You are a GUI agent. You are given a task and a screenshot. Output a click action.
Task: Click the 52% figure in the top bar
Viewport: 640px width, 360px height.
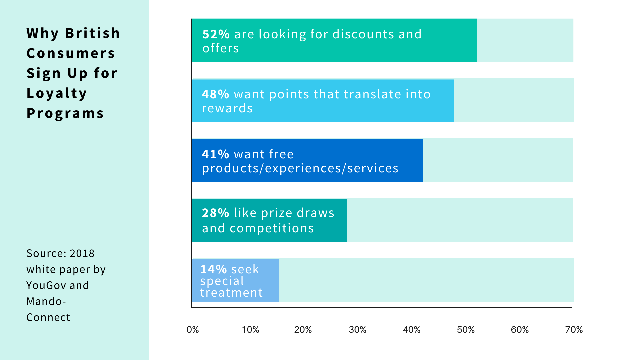216,34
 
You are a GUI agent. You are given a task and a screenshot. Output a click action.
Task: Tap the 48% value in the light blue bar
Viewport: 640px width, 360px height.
215,94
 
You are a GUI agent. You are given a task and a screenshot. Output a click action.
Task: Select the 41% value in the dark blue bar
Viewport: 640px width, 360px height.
215,154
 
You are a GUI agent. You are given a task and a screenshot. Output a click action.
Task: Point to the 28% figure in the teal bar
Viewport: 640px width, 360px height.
215,213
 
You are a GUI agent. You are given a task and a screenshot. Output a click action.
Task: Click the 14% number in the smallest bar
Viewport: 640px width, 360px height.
213,269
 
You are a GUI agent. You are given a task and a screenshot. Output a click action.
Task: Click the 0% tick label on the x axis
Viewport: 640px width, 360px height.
193,330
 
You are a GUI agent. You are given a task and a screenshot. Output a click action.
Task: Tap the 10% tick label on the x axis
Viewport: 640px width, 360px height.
250,330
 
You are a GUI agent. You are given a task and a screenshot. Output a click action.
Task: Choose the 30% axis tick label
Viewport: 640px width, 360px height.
357,330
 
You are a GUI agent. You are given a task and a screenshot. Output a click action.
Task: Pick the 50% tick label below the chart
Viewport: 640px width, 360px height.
466,330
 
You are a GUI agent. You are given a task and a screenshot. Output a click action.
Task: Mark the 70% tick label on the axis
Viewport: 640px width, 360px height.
574,330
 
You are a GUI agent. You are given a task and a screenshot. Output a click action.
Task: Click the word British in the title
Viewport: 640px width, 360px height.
92,33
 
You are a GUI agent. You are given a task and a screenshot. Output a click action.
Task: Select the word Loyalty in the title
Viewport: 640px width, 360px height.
57,93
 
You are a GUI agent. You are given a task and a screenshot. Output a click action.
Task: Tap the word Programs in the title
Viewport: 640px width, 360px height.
65,113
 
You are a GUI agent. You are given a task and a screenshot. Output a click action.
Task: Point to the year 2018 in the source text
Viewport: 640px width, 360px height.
82,253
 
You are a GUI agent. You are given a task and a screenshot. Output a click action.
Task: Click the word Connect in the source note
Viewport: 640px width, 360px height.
48,317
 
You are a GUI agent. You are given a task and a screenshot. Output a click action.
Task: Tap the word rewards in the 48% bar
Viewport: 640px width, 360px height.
227,108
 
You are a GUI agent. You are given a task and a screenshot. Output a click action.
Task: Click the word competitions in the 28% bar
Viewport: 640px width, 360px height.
272,228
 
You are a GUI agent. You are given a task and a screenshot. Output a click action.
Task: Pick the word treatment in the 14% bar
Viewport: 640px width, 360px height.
231,293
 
